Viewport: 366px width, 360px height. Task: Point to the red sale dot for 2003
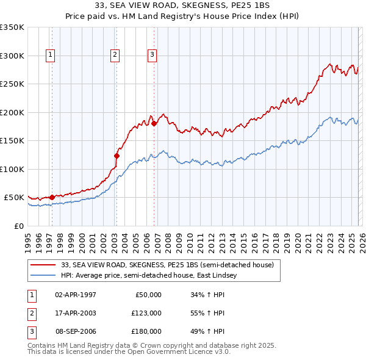(x=117, y=156)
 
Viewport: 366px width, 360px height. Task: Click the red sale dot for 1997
(x=52, y=197)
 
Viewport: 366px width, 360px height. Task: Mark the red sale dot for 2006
(x=154, y=124)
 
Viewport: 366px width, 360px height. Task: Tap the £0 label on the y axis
(x=18, y=226)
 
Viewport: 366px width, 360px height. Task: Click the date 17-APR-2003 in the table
(x=76, y=313)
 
